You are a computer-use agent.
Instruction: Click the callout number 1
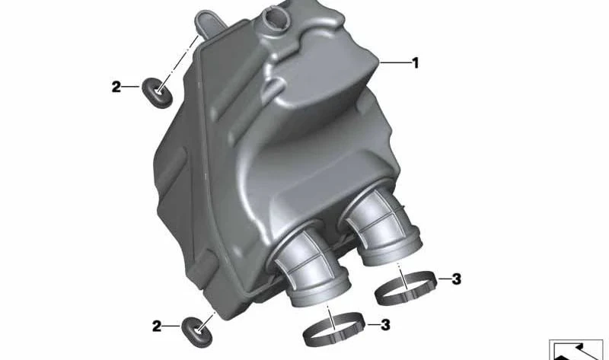(x=416, y=63)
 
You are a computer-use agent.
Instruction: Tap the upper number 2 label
(x=116, y=87)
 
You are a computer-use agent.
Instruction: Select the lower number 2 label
(x=157, y=327)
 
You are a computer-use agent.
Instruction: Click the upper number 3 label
(x=456, y=279)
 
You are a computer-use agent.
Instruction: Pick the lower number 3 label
(x=385, y=325)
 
